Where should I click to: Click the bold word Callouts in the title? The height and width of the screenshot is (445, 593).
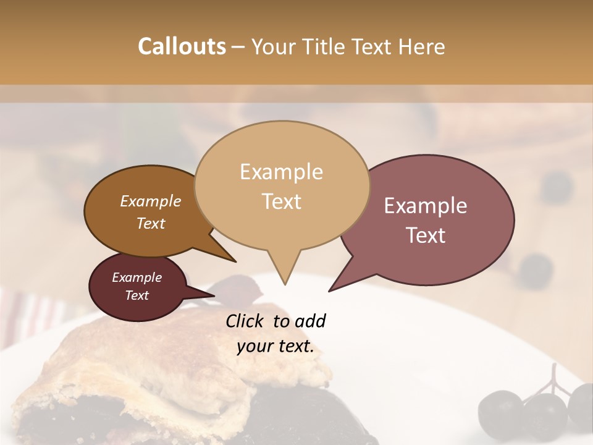pos(182,46)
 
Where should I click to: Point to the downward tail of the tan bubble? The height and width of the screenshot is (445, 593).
pos(284,272)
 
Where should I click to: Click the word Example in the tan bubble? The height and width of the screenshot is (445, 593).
pos(282,172)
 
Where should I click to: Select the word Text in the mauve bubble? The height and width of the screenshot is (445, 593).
pos(426,235)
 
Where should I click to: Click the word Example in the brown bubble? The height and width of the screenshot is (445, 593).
pos(151,201)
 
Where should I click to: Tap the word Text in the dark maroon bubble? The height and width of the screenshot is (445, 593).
pos(137,295)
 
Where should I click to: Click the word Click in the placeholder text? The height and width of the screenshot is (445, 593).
pos(246,321)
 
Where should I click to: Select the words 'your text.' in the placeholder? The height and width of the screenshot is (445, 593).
pos(275,346)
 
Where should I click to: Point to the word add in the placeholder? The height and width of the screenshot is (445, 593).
pos(309,321)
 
